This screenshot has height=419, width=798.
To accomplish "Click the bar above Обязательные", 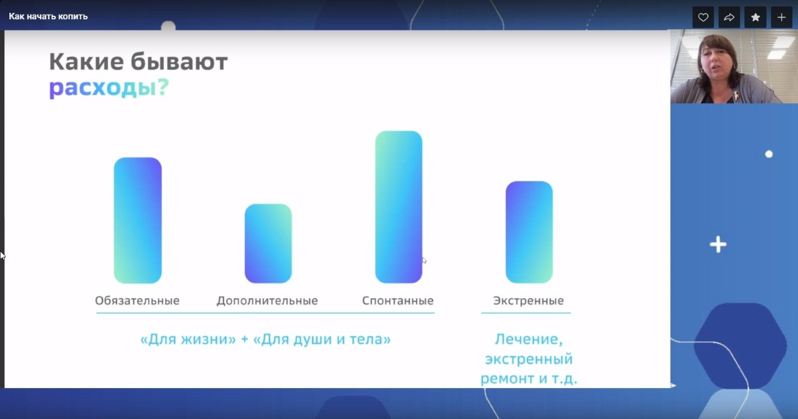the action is [x=137, y=221].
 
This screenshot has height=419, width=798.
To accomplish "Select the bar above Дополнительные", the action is [x=268, y=243].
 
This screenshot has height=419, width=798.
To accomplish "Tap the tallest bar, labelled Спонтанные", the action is [x=398, y=207].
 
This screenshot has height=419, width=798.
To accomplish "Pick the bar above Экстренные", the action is [x=529, y=232].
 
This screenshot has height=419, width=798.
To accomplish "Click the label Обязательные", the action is [x=137, y=301].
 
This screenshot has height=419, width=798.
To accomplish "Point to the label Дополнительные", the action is [x=267, y=301].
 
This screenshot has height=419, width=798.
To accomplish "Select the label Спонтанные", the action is [x=398, y=301].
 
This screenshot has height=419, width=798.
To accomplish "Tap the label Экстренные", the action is [x=528, y=301].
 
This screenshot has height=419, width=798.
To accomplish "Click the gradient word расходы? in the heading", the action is [x=109, y=88].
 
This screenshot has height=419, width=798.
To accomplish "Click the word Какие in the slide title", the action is [x=86, y=62].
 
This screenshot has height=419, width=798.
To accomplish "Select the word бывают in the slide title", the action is [x=179, y=61].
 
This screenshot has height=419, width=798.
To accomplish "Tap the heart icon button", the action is [x=703, y=18].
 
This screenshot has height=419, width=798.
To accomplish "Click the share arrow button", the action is [x=729, y=18].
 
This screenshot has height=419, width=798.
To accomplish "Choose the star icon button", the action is [x=755, y=18].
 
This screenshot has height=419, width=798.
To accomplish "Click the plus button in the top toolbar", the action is [x=782, y=18].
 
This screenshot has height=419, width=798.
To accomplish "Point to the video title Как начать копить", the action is [x=48, y=16].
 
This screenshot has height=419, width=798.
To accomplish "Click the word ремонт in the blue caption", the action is [x=507, y=379].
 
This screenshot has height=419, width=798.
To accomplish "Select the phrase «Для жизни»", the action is [x=188, y=339].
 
